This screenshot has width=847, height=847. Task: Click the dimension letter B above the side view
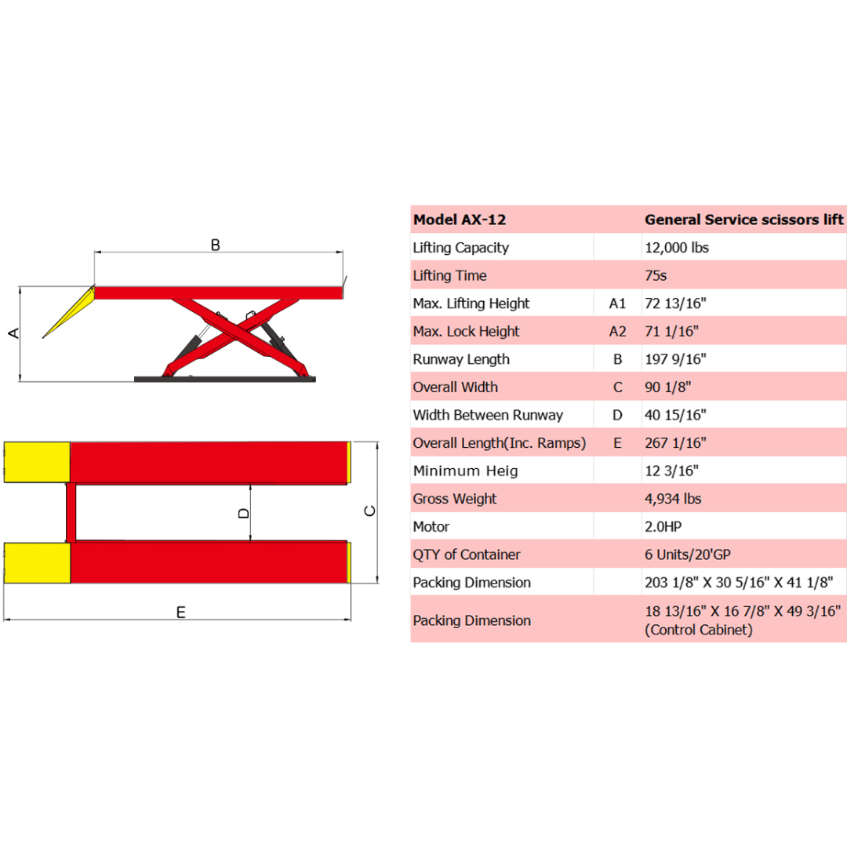click(216, 245)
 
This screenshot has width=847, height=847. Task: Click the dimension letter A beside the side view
click(13, 333)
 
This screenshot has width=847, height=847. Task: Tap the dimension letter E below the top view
click(181, 612)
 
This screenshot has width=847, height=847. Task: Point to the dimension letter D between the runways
click(243, 513)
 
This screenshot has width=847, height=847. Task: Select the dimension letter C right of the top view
click(370, 511)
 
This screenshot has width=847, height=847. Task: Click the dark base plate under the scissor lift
click(224, 379)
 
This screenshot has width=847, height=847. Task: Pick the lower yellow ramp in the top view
click(37, 562)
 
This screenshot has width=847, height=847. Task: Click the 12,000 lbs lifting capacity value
click(677, 248)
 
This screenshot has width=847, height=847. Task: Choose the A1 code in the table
click(618, 304)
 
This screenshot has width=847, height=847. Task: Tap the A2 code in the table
click(618, 332)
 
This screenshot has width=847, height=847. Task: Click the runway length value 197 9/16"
click(675, 359)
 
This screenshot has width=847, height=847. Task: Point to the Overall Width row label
click(455, 387)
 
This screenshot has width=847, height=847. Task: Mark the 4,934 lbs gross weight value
click(673, 499)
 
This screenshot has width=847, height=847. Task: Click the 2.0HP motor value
click(663, 527)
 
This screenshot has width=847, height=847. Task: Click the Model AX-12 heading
click(464, 220)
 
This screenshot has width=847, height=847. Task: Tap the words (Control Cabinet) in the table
click(699, 630)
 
